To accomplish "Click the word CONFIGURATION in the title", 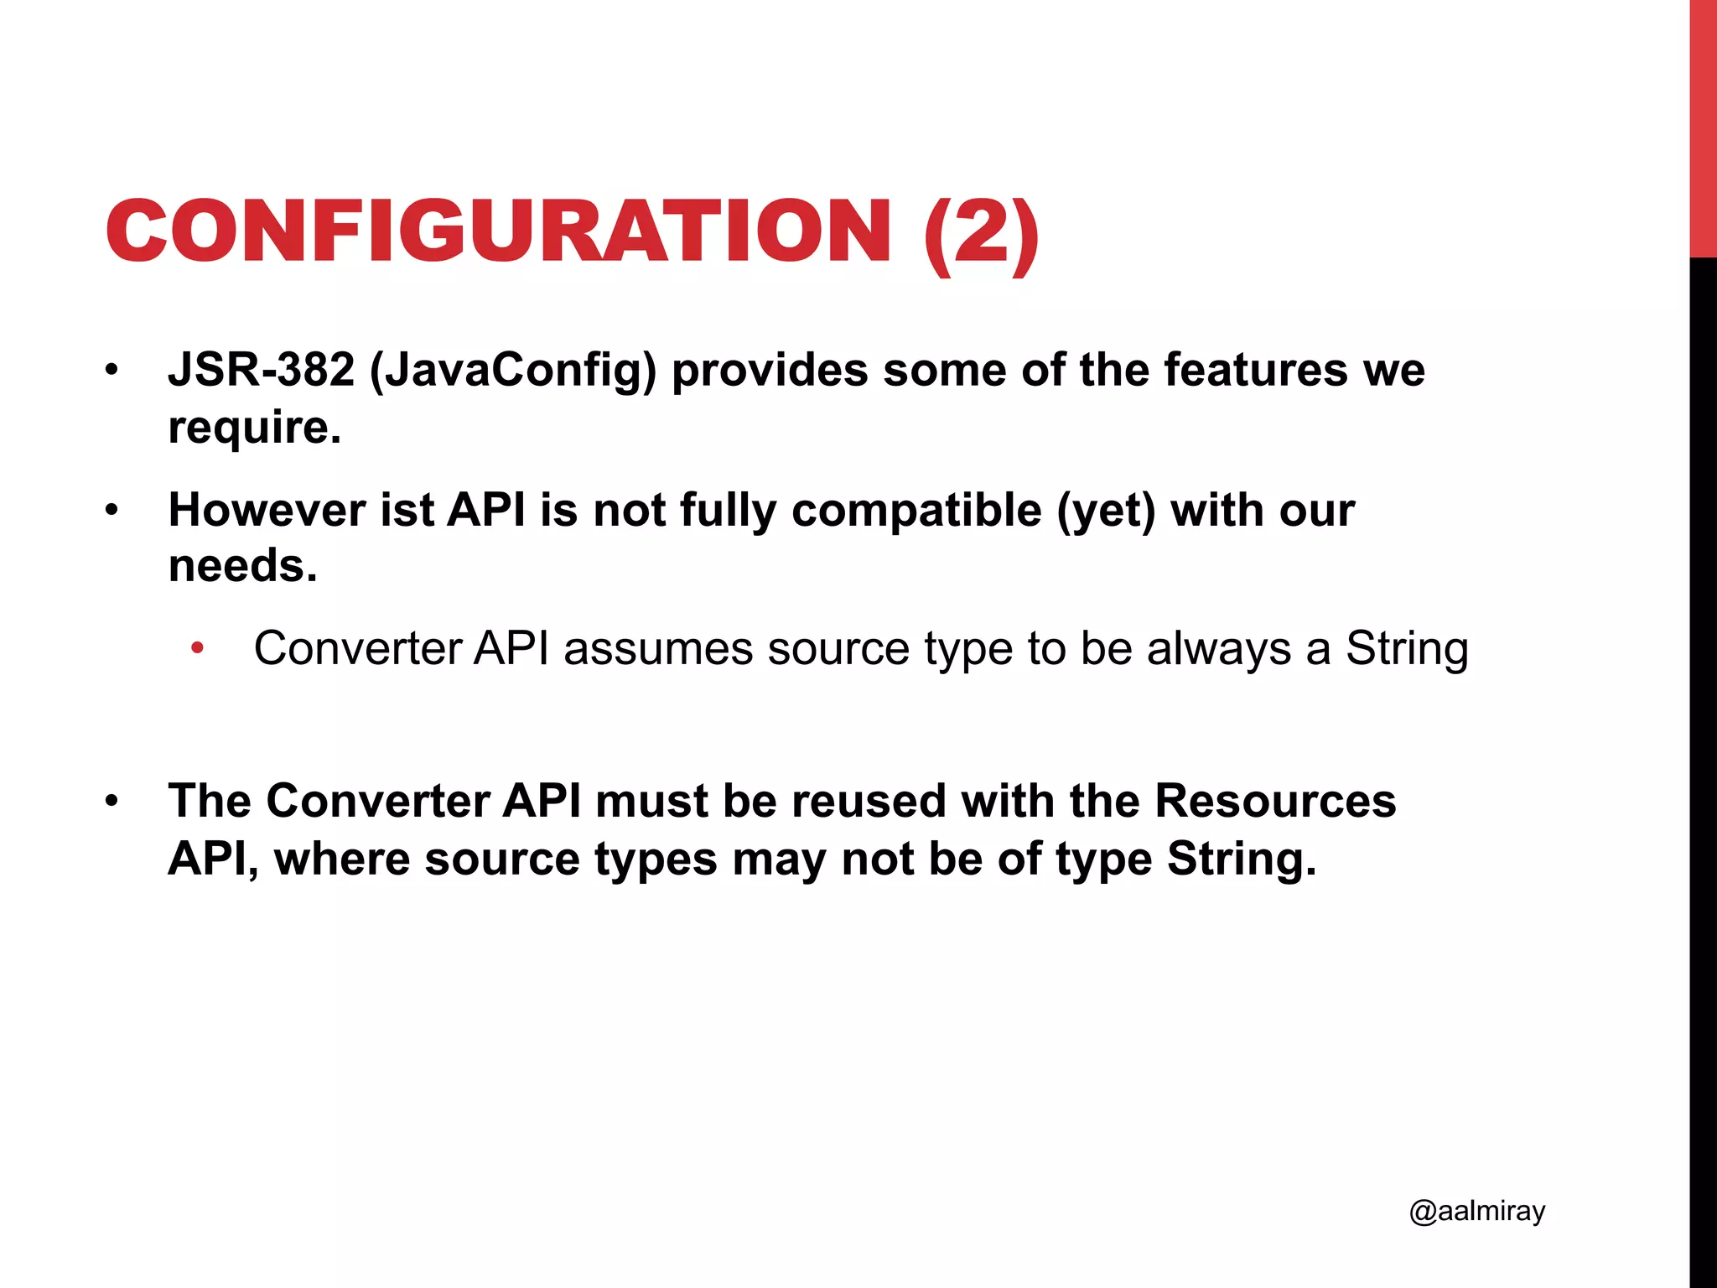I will (498, 231).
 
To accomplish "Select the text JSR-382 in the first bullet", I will (261, 370).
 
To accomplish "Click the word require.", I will (254, 428).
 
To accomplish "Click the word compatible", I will (916, 512).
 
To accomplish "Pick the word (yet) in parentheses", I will (1106, 512).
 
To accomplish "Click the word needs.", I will (242, 566).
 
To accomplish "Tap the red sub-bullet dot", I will (197, 648).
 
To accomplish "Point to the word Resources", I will (1274, 801).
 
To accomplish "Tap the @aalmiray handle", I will (1476, 1212).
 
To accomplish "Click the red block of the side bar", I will (1703, 126).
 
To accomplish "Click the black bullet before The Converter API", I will (112, 802).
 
